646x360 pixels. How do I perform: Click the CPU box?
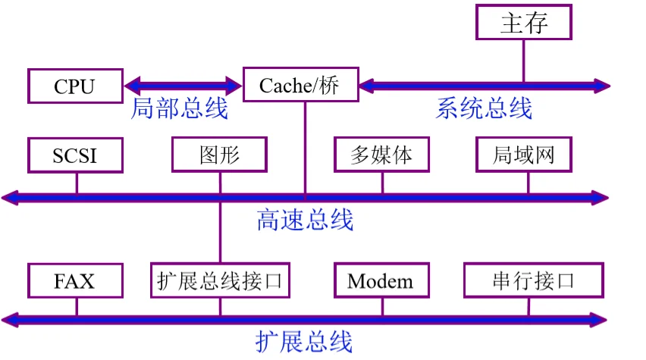point(74,86)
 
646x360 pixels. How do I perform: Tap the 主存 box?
point(523,23)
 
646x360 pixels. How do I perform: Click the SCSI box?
point(74,155)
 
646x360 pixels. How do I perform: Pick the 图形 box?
point(220,155)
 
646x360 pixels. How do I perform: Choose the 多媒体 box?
point(381,155)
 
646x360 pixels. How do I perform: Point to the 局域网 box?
point(523,155)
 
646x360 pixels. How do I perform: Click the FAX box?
point(74,281)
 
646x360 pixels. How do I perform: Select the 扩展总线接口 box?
point(220,281)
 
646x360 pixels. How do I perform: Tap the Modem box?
point(381,281)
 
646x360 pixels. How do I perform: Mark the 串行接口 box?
point(533,281)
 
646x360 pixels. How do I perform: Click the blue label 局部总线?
point(180,108)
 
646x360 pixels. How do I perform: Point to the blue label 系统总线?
point(484,108)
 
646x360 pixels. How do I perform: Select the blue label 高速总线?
point(305,220)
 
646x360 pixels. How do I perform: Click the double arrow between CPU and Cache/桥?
point(182,85)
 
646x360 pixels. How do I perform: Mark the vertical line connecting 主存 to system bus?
point(523,61)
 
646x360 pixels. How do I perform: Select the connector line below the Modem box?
point(382,305)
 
